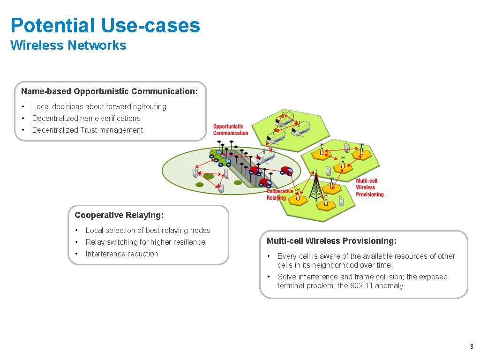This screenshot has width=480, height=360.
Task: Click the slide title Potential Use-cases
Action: [105, 25]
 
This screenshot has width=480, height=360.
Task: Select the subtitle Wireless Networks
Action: [68, 45]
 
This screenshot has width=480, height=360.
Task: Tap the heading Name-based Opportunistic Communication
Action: [109, 91]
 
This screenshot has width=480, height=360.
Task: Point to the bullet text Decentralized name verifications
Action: [86, 118]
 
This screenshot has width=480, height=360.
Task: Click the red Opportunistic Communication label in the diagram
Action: [231, 129]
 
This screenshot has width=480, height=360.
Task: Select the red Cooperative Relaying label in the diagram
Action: [279, 194]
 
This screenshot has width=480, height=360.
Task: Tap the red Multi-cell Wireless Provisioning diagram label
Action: [369, 187]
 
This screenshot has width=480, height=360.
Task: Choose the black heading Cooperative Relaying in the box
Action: [119, 215]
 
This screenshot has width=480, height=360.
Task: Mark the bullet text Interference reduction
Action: [122, 254]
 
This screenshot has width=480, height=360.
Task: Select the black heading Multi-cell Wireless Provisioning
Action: [331, 241]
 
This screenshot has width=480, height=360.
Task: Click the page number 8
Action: [472, 347]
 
